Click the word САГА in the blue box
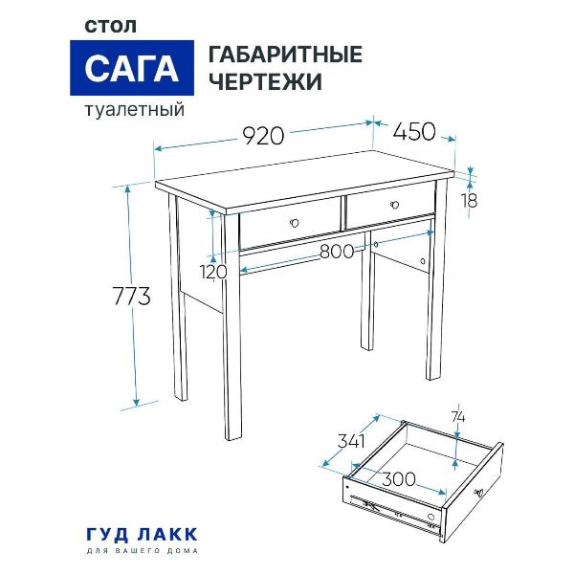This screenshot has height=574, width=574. point(133,70)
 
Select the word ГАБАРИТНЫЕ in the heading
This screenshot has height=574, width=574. point(285,55)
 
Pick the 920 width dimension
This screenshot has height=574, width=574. point(262,136)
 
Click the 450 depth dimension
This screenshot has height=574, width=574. point(413,131)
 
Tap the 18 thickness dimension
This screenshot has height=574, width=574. point(469,201)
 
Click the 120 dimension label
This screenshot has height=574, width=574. point(214,272)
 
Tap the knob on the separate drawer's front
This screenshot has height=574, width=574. point(480,492)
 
